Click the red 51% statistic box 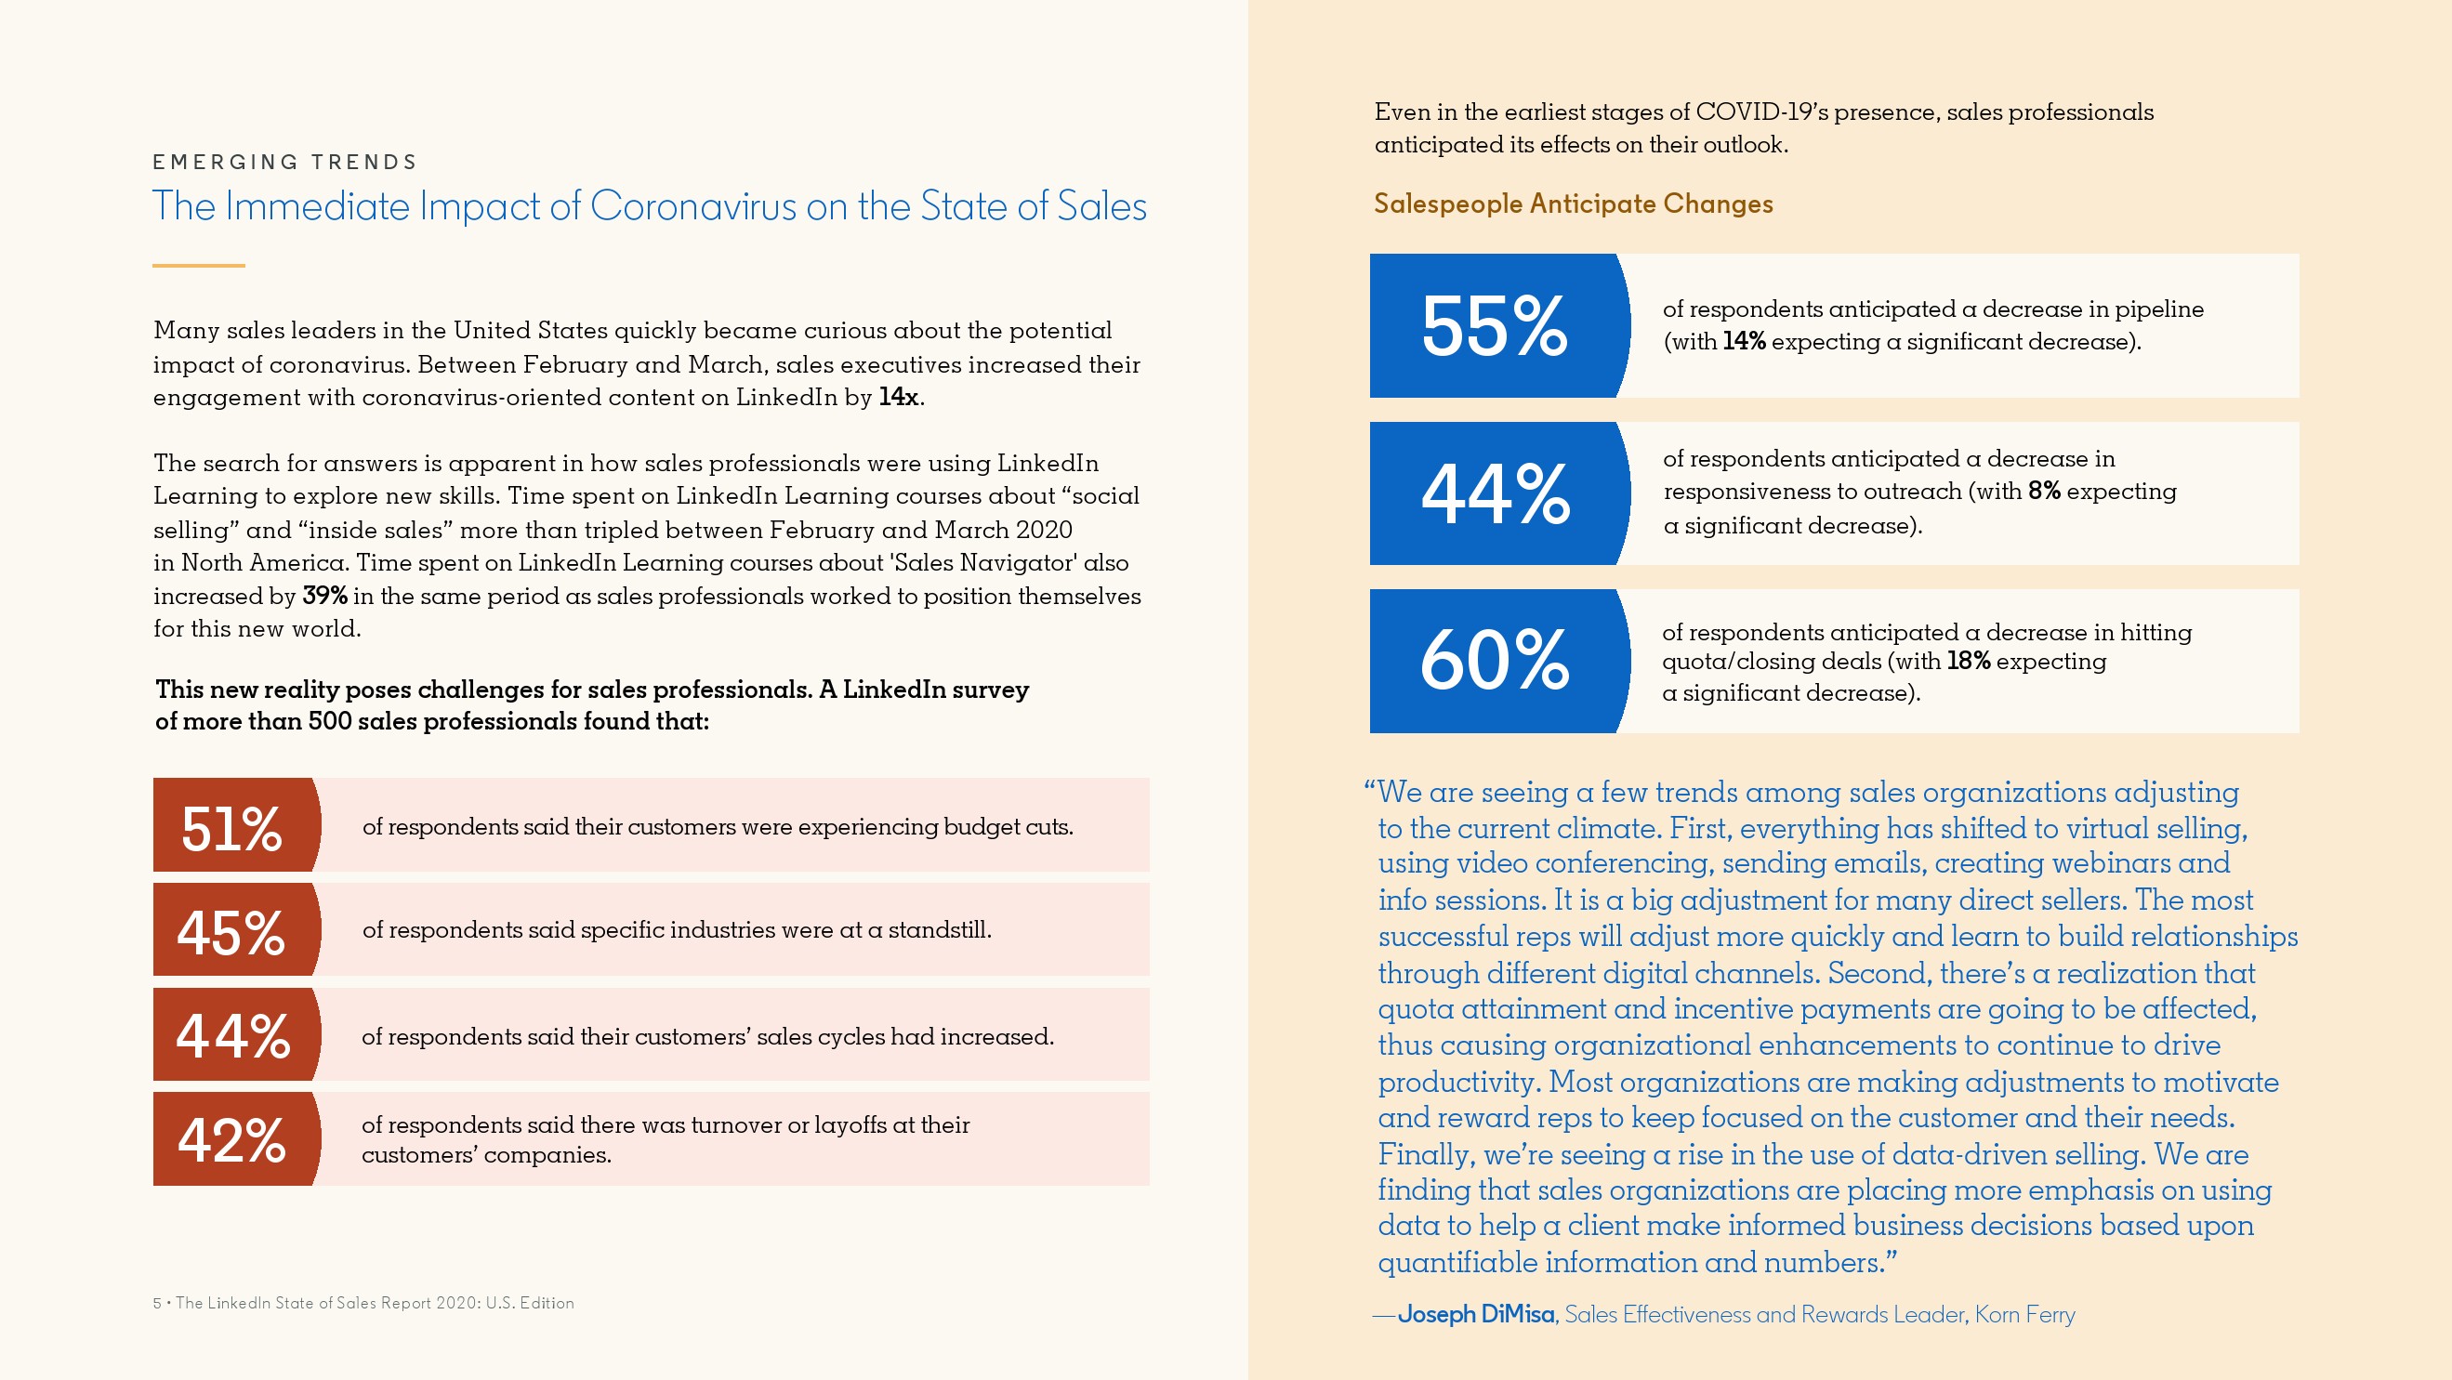(234, 825)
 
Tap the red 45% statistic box (234, 930)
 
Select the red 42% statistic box (234, 1139)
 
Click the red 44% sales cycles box (234, 1034)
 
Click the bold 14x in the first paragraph (899, 397)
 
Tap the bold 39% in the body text (324, 596)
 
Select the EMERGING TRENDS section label (284, 162)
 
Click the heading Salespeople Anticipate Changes (1573, 204)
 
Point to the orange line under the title (198, 266)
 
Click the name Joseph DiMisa (1475, 1314)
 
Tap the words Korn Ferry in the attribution (2024, 1314)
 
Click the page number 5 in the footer (157, 1303)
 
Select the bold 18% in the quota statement (1969, 661)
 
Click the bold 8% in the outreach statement (2044, 491)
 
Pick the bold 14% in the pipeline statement (1744, 341)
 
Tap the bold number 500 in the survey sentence (329, 721)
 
